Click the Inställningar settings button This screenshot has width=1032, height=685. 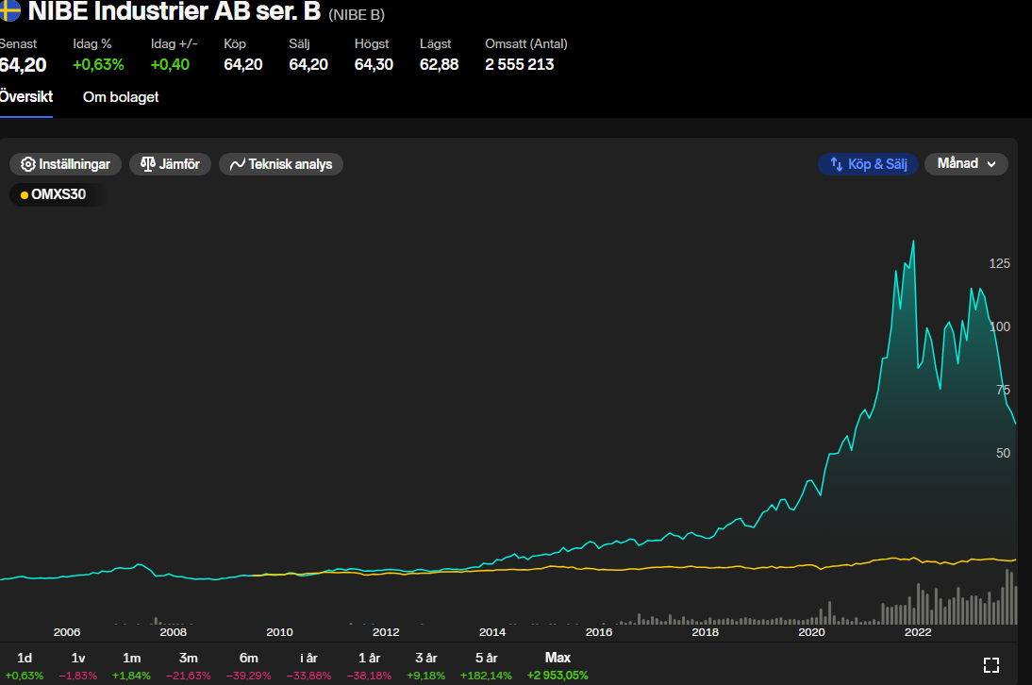tap(66, 164)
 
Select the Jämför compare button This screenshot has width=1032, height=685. tap(170, 164)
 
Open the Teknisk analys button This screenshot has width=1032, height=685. tap(281, 164)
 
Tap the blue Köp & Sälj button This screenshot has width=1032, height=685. tap(868, 164)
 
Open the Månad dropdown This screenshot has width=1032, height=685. tap(966, 164)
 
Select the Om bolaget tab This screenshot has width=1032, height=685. tap(121, 97)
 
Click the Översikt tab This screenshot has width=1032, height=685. tap(25, 97)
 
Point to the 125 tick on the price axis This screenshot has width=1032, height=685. tap(999, 263)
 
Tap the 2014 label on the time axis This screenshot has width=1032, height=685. tap(492, 632)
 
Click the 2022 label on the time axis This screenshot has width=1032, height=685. tap(918, 632)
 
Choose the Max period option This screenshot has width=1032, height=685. tap(558, 658)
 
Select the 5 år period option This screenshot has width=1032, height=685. tap(486, 658)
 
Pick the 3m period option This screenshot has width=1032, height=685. tap(188, 658)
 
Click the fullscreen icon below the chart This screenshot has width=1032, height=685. tap(991, 665)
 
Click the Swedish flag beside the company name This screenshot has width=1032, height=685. tap(9, 12)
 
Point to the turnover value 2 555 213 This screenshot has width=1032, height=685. tap(519, 64)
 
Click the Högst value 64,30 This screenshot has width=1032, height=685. tap(374, 64)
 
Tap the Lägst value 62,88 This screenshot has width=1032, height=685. tap(439, 64)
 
